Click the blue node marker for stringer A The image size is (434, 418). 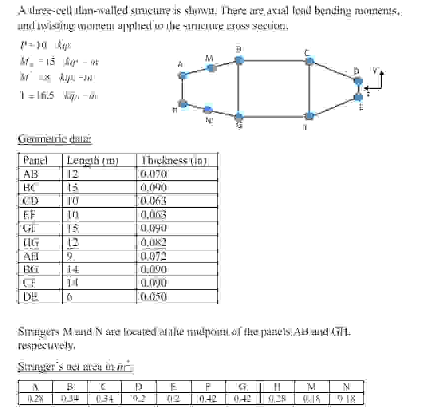(182, 76)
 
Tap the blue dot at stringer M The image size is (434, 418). (211, 68)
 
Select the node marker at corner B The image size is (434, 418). (239, 60)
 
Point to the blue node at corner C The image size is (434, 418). (309, 61)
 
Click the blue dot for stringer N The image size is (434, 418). (208, 110)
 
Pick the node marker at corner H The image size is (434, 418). (183, 103)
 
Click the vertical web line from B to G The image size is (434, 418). (239, 89)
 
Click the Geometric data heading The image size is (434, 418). (54, 139)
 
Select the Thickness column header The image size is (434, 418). (173, 160)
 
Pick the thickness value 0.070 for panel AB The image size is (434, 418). (154, 174)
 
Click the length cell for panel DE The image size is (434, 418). (70, 297)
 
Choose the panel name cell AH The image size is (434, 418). (32, 256)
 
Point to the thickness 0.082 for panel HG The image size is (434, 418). (154, 242)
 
